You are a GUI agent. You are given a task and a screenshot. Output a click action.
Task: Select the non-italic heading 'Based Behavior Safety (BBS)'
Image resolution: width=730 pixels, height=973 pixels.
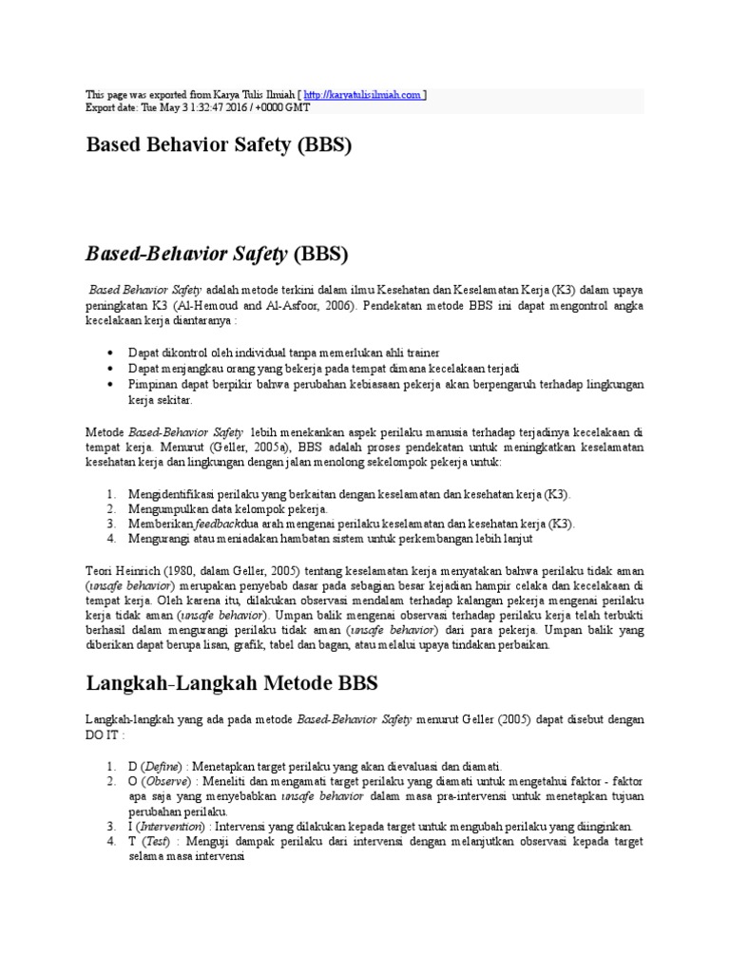pyautogui.click(x=220, y=146)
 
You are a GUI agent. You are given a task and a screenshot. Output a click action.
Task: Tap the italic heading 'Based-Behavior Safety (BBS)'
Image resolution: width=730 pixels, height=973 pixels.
pyautogui.click(x=218, y=254)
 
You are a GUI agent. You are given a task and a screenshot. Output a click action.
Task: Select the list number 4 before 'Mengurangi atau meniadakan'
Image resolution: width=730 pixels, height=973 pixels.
pyautogui.click(x=110, y=539)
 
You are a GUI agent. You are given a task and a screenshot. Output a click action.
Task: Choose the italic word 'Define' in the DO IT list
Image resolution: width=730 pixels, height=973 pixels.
pyautogui.click(x=162, y=766)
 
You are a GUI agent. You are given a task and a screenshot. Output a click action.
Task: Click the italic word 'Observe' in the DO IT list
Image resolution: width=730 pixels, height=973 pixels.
pyautogui.click(x=163, y=781)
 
